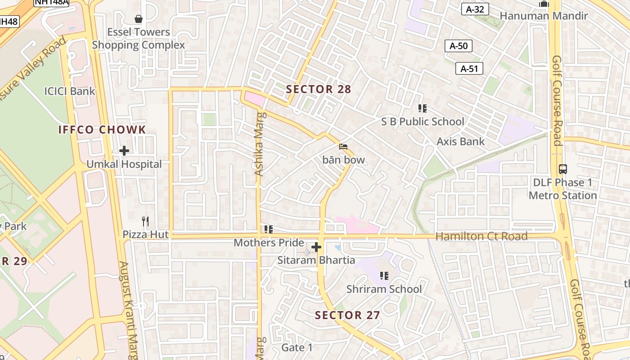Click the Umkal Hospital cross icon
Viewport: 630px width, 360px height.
pyautogui.click(x=124, y=151)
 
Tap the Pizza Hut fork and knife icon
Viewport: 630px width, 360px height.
pyautogui.click(x=145, y=221)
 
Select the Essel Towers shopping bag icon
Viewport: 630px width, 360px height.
pyautogui.click(x=139, y=19)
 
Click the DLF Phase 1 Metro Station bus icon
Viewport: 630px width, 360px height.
pyautogui.click(x=562, y=169)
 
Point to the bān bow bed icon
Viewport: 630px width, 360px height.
pyautogui.click(x=343, y=147)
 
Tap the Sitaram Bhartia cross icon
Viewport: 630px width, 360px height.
pyautogui.click(x=316, y=247)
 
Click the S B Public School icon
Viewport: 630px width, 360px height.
pyautogui.click(x=422, y=108)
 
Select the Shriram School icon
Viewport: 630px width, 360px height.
pyautogui.click(x=384, y=275)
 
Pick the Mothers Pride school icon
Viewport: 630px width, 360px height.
pyautogui.click(x=269, y=229)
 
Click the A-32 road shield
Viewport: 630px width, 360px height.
pyautogui.click(x=475, y=9)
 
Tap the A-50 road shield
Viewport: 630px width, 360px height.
pyautogui.click(x=459, y=45)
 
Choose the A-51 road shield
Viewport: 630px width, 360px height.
pyautogui.click(x=469, y=68)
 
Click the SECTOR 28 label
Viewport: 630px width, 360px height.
pyautogui.click(x=319, y=89)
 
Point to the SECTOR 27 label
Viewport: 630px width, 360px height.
pyautogui.click(x=347, y=315)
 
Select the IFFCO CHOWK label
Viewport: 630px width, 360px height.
pyautogui.click(x=102, y=130)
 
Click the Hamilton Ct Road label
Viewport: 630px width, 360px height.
pyautogui.click(x=481, y=236)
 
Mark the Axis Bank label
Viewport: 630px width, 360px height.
pyautogui.click(x=461, y=141)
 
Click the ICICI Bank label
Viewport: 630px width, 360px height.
pyautogui.click(x=70, y=91)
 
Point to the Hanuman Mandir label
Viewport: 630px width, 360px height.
pyautogui.click(x=544, y=16)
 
